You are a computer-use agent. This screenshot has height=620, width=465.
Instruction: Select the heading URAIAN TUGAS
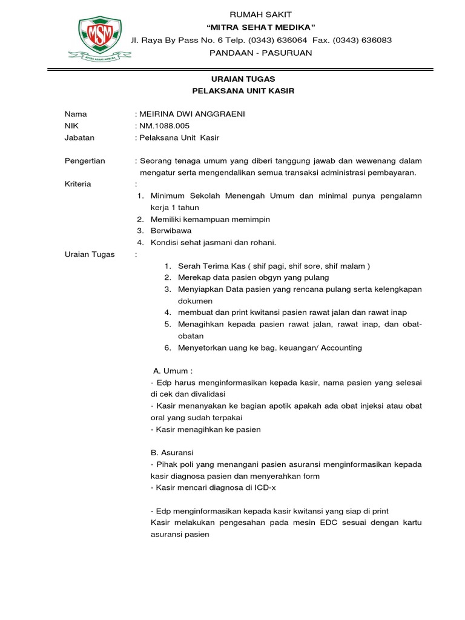243,79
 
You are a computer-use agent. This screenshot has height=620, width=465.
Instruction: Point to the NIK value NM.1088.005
164,125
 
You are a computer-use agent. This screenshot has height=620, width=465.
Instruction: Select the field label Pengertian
85,160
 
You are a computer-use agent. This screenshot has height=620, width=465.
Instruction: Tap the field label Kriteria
78,183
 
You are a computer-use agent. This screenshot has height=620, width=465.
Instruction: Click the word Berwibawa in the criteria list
170,231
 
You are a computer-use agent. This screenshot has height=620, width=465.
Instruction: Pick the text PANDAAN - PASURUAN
260,53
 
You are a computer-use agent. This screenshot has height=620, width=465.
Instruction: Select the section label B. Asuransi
172,452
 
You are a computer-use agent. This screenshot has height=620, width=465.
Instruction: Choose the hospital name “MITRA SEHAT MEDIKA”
261,27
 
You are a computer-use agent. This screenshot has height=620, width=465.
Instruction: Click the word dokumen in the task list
195,300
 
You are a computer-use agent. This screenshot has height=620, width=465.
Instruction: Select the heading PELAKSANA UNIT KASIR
243,91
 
